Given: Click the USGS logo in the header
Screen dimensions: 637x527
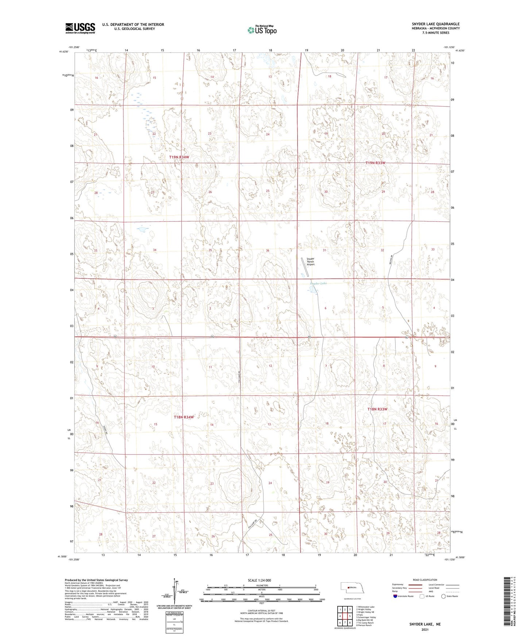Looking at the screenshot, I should point(80,28).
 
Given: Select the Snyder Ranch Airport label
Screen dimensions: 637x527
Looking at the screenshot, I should point(310,262).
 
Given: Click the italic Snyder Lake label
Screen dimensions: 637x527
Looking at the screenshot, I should point(318,283).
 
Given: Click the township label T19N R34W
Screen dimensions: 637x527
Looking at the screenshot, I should point(179,157).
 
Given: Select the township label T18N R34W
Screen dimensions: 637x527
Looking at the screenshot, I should point(183,417).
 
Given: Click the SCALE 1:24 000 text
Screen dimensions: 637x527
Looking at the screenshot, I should point(259,580).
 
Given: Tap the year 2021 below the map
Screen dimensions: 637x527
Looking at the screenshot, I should point(425,629).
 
